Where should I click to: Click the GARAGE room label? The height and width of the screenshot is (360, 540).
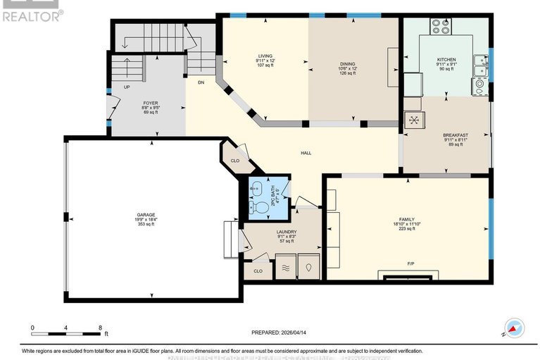pyautogui.click(x=146, y=215)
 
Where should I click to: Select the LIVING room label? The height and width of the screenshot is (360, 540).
pyautogui.click(x=265, y=56)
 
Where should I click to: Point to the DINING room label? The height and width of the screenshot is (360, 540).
pyautogui.click(x=348, y=63)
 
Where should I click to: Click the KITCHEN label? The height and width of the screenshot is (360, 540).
pyautogui.click(x=446, y=60)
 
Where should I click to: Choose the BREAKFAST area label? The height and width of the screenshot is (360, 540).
pyautogui.click(x=456, y=135)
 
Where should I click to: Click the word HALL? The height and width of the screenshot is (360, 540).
pyautogui.click(x=306, y=153)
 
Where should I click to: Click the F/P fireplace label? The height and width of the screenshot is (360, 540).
pyautogui.click(x=408, y=263)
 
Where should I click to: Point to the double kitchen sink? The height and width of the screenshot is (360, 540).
pyautogui.click(x=480, y=66)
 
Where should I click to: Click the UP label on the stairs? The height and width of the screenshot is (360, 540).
pyautogui.click(x=127, y=88)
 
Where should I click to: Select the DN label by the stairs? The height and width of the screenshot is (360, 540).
pyautogui.click(x=201, y=82)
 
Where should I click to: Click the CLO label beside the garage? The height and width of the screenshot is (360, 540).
pyautogui.click(x=235, y=160)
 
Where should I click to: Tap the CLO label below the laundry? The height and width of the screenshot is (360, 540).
pyautogui.click(x=258, y=270)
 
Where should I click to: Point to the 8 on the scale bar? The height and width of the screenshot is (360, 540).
pyautogui.click(x=101, y=328)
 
